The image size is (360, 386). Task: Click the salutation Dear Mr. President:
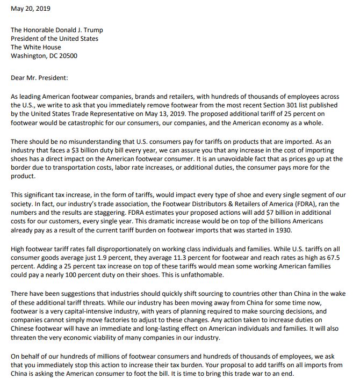(39, 77)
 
